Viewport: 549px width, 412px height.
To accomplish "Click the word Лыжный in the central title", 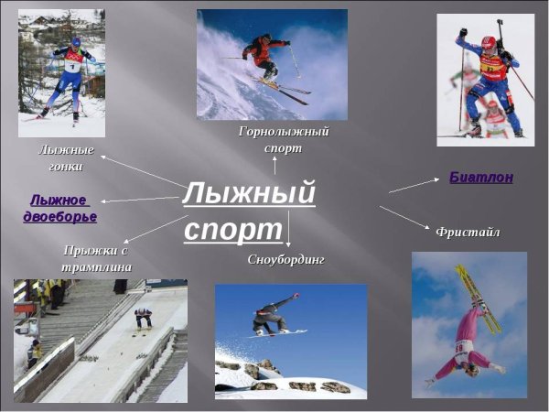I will tap(249, 193).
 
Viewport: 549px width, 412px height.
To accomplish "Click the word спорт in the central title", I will tap(233, 229).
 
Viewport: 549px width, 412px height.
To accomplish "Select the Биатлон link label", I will tap(480, 178).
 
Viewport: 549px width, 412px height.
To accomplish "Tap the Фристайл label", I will tap(468, 232).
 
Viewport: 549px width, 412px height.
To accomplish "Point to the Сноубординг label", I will tap(285, 259).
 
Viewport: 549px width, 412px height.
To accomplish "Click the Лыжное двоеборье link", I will tap(59, 209).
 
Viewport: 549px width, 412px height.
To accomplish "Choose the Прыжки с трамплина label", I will tap(97, 258).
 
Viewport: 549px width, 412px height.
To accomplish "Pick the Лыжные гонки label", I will tap(66, 157).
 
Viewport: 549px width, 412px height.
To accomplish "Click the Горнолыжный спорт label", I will tap(283, 139).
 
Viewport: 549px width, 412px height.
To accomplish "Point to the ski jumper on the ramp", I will tap(144, 317).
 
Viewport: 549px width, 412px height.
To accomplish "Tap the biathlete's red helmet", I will tap(488, 42).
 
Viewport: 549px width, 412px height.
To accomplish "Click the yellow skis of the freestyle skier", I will tap(479, 298).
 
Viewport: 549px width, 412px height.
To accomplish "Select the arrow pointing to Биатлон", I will tap(414, 185).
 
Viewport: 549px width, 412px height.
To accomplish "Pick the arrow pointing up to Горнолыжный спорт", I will tap(274, 165).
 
